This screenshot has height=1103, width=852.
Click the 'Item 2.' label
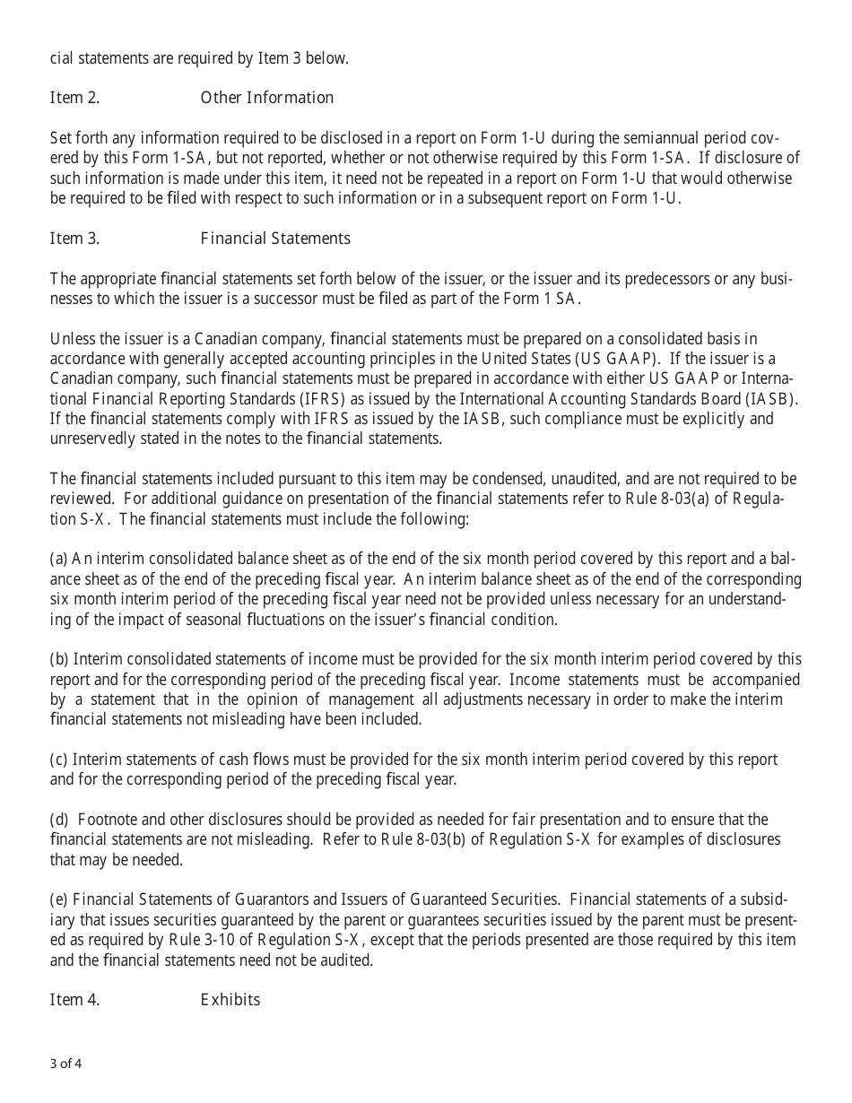pyautogui.click(x=74, y=98)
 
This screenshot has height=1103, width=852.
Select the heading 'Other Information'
pyautogui.click(x=266, y=98)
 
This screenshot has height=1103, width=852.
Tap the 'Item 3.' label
pyautogui.click(x=74, y=239)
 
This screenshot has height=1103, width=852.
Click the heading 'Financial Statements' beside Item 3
pyautogui.click(x=275, y=239)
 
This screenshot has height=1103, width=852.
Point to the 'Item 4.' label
pyautogui.click(x=74, y=1000)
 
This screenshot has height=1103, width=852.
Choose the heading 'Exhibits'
pyautogui.click(x=230, y=1000)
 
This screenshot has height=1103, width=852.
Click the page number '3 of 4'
pyautogui.click(x=66, y=1064)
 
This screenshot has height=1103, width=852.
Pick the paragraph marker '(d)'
pyautogui.click(x=59, y=820)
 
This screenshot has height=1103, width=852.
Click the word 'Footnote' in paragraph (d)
pyautogui.click(x=109, y=820)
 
